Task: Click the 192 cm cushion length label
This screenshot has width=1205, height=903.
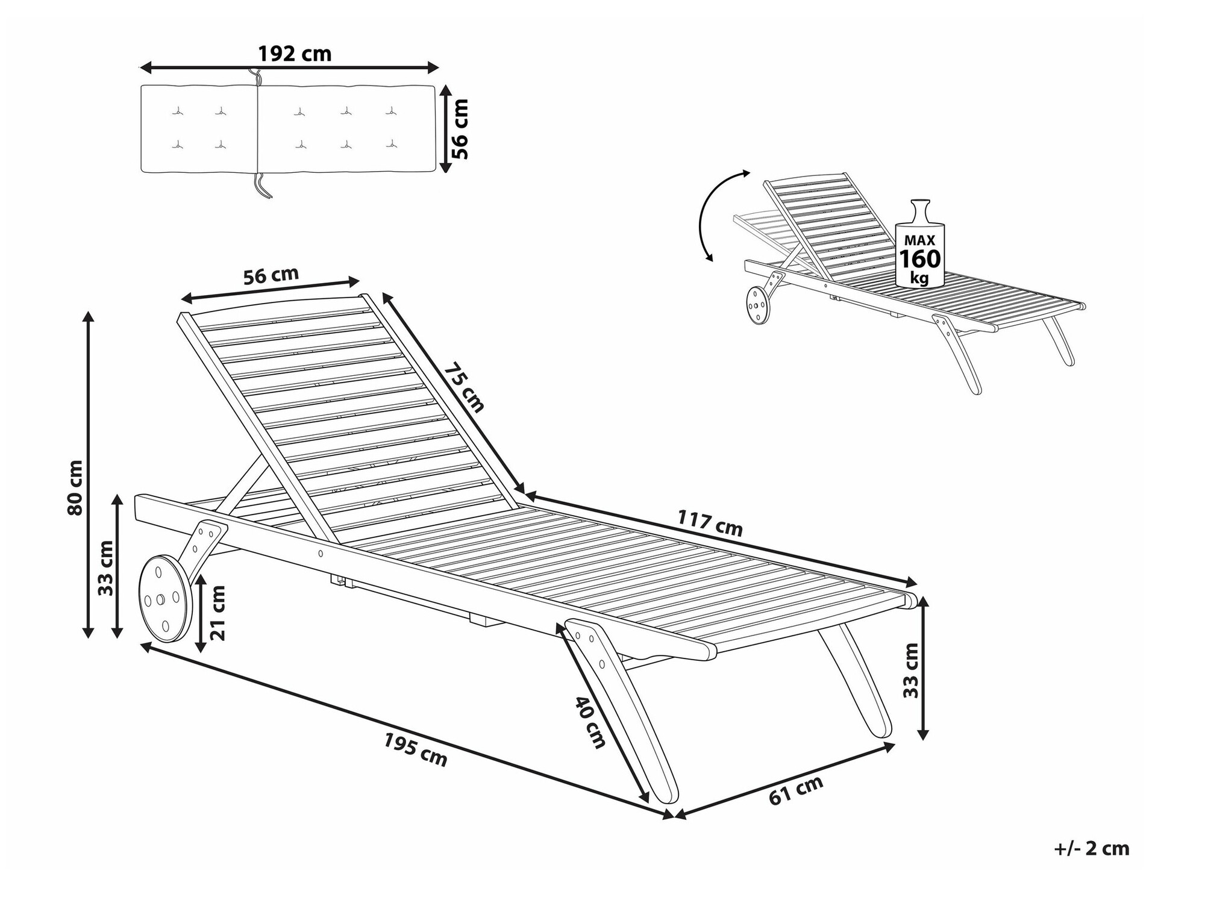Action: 295,54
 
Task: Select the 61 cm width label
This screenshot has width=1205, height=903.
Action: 796,791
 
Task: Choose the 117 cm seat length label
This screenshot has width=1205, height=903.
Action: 710,523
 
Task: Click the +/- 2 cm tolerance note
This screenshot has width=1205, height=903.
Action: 1092,848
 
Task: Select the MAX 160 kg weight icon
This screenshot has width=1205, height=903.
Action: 919,244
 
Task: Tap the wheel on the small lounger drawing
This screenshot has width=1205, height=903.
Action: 758,305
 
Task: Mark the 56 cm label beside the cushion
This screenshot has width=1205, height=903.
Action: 459,129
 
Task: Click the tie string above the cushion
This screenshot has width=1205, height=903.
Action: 255,77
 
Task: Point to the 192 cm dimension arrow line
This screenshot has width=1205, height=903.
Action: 290,67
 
